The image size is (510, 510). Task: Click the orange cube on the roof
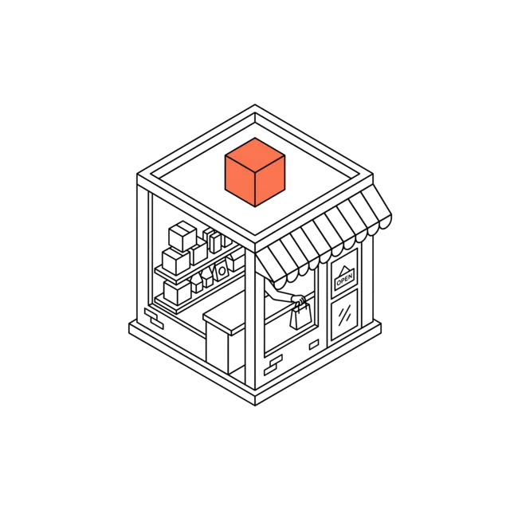pyautogui.click(x=255, y=172)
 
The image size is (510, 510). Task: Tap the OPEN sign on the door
pyautogui.click(x=344, y=279)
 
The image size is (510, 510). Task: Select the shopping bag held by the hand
pyautogui.click(x=301, y=316)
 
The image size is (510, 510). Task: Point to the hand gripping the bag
pyautogui.click(x=299, y=300)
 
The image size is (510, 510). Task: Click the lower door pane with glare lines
pyautogui.click(x=344, y=315)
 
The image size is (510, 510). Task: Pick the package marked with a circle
pyautogui.click(x=222, y=271)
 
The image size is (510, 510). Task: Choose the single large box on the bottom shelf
pyautogui.click(x=177, y=292)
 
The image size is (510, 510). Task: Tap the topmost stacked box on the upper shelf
pyautogui.click(x=182, y=236)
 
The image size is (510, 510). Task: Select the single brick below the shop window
pyautogui.click(x=314, y=345)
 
